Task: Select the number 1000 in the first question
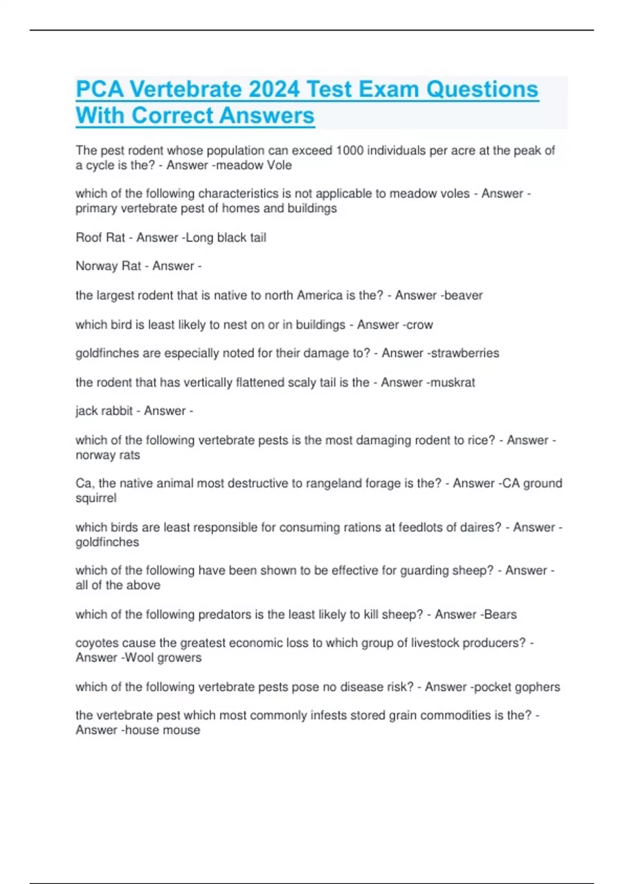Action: pos(349,151)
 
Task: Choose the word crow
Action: pos(420,325)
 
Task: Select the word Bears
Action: pos(500,615)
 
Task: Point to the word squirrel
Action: pos(96,498)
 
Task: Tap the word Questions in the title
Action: pos(482,89)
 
